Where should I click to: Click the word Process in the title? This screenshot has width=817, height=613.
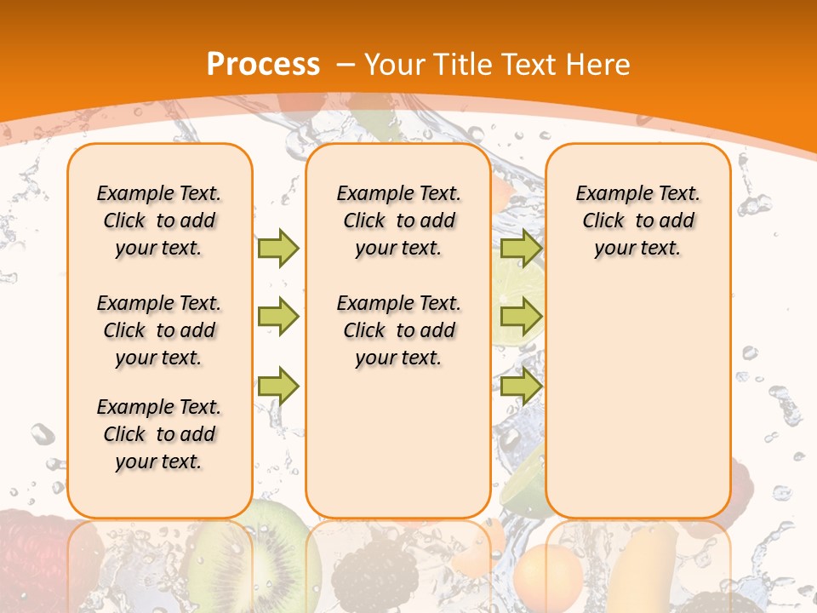pos(263,65)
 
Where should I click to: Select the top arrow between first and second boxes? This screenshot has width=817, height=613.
pos(278,248)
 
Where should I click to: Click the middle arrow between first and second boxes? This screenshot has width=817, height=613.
pos(278,317)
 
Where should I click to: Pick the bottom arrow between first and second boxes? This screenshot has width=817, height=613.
pos(278,386)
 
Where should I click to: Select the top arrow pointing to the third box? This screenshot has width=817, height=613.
pos(521,248)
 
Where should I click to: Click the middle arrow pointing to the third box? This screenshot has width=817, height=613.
pos(521,317)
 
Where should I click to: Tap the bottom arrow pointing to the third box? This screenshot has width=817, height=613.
pos(521,386)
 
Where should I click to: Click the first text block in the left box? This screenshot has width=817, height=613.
pos(159,221)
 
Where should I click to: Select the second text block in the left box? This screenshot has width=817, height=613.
pos(159,330)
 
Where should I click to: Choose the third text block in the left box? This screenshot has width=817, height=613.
pos(159,434)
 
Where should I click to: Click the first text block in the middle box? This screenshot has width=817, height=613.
pos(398,221)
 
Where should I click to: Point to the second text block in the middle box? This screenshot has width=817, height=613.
pos(398,330)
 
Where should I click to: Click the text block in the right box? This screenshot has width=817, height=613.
pos(637,221)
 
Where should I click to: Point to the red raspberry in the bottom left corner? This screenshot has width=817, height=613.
pos(34,553)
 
